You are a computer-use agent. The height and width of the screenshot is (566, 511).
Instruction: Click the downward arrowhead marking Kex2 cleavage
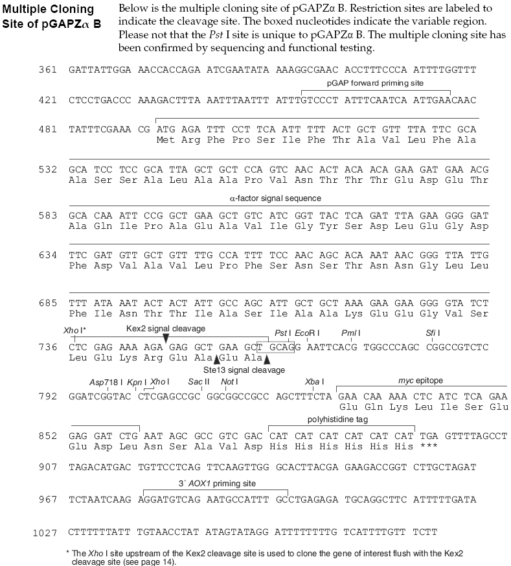(166, 338)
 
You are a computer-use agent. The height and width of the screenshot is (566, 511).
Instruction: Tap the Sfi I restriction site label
(433, 333)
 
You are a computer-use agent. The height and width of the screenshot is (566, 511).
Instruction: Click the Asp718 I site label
(106, 381)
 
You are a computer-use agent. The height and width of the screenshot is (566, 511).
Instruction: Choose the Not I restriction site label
(227, 381)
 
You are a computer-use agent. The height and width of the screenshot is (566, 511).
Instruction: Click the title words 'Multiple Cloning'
(48, 9)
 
